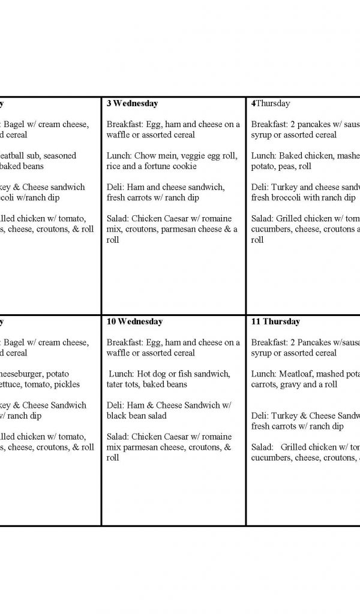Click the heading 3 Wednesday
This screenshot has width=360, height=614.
tap(132, 103)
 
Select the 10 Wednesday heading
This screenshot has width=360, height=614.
tap(134, 321)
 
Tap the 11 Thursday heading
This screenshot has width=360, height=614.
tap(276, 321)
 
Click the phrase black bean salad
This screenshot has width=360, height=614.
tap(136, 416)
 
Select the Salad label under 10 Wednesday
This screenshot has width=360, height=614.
tap(118, 437)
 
